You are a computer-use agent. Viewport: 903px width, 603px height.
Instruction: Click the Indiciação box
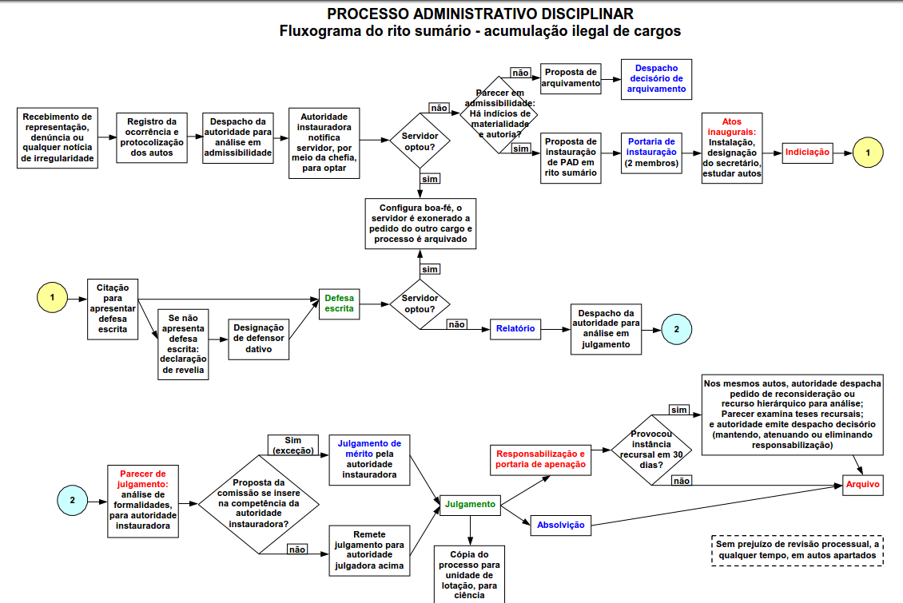pyautogui.click(x=807, y=152)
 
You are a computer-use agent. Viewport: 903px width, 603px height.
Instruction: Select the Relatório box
pyautogui.click(x=515, y=328)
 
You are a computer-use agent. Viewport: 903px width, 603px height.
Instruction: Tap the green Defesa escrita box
pyautogui.click(x=339, y=303)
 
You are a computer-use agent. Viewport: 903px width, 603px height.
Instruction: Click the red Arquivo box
pyautogui.click(x=863, y=484)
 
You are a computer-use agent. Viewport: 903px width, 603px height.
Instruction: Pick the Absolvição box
pyautogui.click(x=560, y=525)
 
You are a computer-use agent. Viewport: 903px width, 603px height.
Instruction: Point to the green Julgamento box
pyautogui.click(x=470, y=504)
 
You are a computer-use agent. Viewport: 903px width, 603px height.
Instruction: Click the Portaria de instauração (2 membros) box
pyautogui.click(x=651, y=152)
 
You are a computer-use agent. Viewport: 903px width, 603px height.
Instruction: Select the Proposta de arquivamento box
pyautogui.click(x=571, y=77)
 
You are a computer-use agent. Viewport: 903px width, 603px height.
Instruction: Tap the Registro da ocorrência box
pyautogui.click(x=151, y=137)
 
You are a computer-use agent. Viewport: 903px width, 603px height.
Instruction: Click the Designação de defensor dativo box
pyautogui.click(x=259, y=339)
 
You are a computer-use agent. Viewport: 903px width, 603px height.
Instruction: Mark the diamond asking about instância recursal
pyautogui.click(x=652, y=448)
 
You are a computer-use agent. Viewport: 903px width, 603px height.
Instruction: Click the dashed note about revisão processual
pyautogui.click(x=797, y=550)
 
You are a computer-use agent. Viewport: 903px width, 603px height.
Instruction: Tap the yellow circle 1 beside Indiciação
pyautogui.click(x=868, y=152)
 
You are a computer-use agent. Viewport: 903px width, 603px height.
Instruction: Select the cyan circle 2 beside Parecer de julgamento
pyautogui.click(x=72, y=501)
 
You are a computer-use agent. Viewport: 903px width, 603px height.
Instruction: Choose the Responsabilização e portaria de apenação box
pyautogui.click(x=540, y=458)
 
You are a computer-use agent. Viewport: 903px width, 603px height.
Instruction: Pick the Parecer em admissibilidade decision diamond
pyautogui.click(x=499, y=114)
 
